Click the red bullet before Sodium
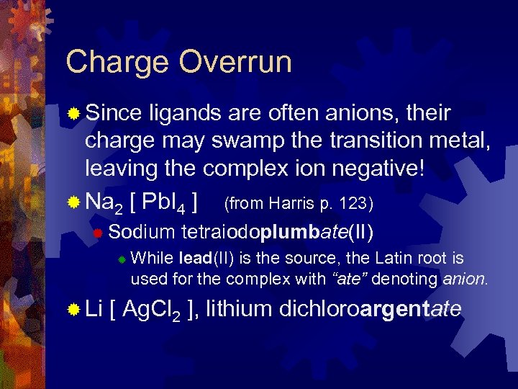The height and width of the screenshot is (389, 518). (x=99, y=231)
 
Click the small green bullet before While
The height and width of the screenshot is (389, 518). (x=122, y=259)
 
